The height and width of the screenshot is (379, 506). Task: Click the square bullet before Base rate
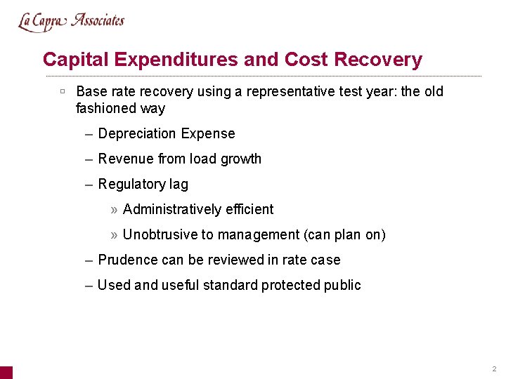point(63,91)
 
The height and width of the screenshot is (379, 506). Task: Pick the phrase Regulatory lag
point(143,184)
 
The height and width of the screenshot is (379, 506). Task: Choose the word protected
point(291,285)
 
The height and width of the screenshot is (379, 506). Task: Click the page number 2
point(494,368)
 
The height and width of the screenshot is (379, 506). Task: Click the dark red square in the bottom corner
point(6,372)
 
